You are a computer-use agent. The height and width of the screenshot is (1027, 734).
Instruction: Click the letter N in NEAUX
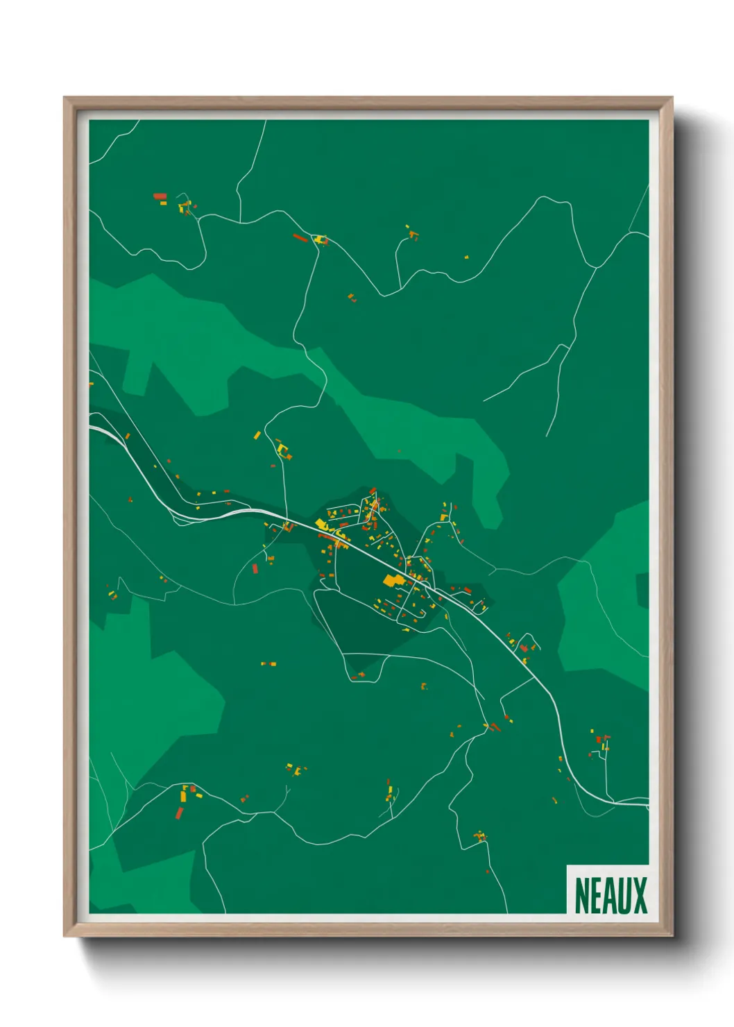[582, 895]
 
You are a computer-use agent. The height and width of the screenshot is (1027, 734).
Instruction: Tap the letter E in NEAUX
[596, 895]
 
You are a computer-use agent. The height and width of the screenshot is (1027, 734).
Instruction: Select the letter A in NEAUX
[610, 895]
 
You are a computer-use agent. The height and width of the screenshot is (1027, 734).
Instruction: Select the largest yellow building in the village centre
[393, 580]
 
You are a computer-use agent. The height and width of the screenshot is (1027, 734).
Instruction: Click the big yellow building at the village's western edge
[321, 523]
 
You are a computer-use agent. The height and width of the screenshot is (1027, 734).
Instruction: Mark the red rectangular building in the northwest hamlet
[160, 197]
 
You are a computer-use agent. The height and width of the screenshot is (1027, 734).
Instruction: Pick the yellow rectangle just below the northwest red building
[164, 203]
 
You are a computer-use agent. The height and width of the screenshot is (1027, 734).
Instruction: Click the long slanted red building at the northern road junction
[300, 237]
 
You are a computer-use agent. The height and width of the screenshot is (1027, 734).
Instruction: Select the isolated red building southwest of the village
[255, 568]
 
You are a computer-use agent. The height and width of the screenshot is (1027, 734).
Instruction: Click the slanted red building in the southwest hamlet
[180, 812]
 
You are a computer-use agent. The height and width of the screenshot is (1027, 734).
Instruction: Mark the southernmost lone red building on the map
[487, 871]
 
